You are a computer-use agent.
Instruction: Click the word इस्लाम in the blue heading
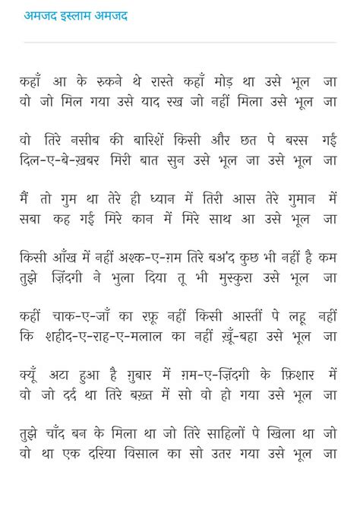click(72, 16)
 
